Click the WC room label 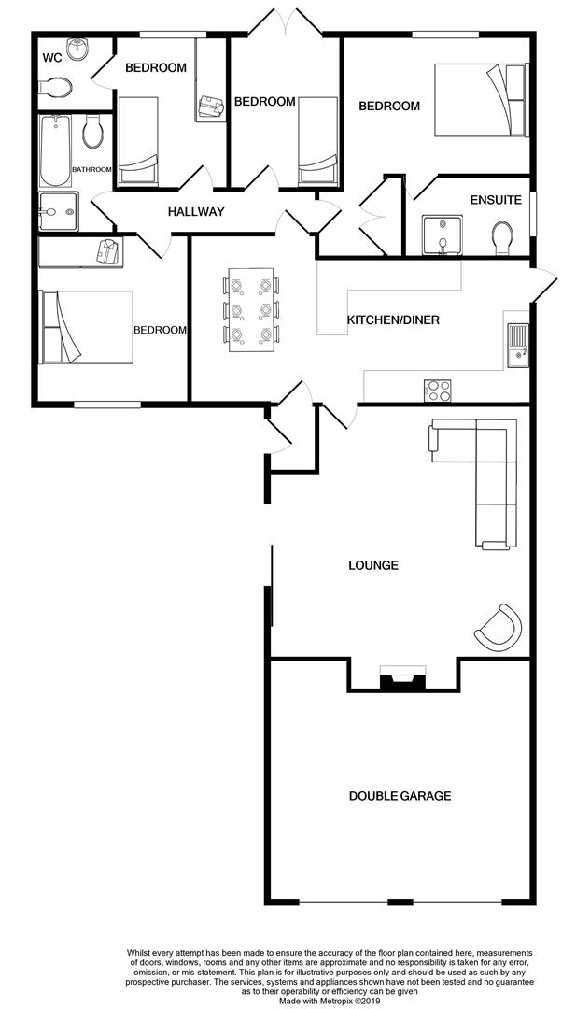tap(51, 57)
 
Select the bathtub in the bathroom tap(54, 149)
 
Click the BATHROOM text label tap(92, 169)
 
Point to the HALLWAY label tap(196, 212)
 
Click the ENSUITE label tap(496, 200)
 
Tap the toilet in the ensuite tap(502, 237)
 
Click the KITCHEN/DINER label tap(393, 320)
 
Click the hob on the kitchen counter tap(438, 390)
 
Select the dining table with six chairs tap(252, 308)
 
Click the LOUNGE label tap(373, 565)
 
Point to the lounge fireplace tap(402, 679)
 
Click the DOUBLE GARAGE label tap(400, 796)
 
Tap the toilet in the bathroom tap(93, 132)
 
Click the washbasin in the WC tap(80, 49)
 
